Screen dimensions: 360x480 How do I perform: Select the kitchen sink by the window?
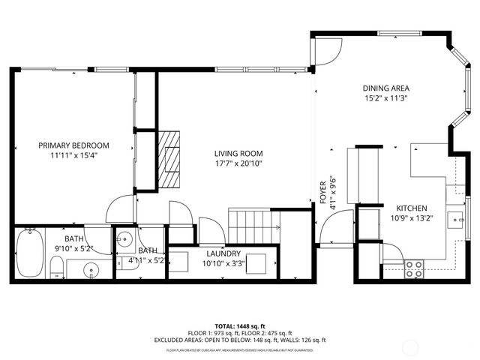tap(454, 220)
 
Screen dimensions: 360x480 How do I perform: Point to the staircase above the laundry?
tap(253, 222)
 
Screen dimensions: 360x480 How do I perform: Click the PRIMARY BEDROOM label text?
tap(74, 145)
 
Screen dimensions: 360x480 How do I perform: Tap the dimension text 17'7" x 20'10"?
tap(238, 163)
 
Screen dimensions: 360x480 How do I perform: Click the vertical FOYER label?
tap(323, 193)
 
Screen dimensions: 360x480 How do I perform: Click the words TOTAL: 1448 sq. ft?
tap(240, 326)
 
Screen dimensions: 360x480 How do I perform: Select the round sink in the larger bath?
tap(91, 269)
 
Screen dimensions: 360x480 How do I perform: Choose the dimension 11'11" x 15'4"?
tap(74, 155)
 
